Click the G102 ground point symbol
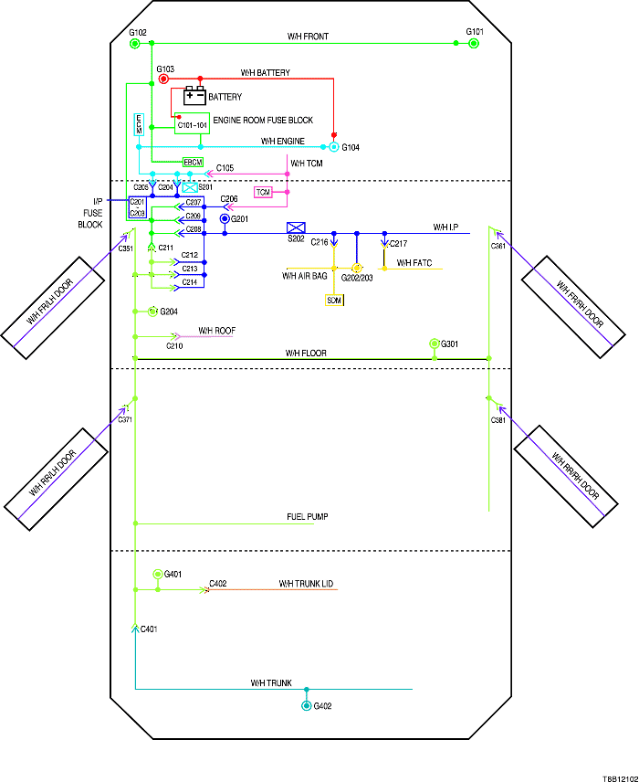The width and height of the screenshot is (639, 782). point(135,43)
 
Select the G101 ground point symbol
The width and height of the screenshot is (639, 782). point(473,43)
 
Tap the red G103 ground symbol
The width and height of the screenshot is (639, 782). point(164,79)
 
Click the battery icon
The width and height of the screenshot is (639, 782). point(194,95)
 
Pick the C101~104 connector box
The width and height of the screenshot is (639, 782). point(192,123)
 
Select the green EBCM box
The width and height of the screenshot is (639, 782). point(193,162)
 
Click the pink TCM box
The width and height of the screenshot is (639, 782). point(263,193)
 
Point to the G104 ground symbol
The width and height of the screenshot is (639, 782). point(334,146)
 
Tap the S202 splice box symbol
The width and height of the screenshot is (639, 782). point(296,227)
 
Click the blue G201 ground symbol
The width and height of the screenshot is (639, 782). point(224,219)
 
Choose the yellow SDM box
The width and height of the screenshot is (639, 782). point(334,300)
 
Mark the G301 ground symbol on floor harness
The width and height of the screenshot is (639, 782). point(435,343)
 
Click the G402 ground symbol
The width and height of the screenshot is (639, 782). point(307,706)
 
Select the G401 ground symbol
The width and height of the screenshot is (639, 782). point(157,574)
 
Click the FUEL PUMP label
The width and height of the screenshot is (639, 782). point(308,517)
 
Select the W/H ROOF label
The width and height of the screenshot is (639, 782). point(217,330)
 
